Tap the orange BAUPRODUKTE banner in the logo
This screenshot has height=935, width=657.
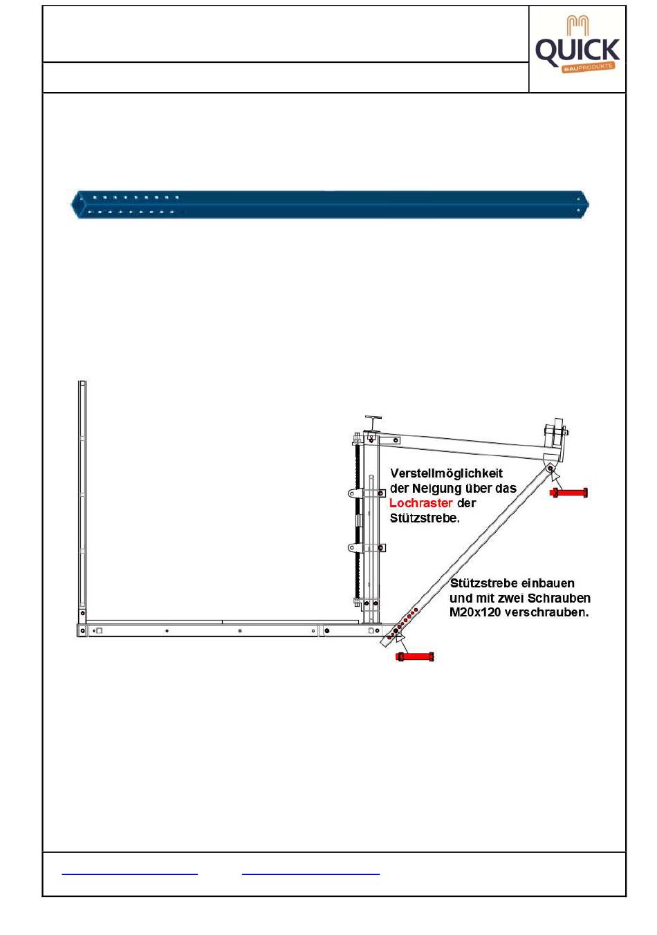point(588,68)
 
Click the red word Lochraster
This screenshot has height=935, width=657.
point(420,502)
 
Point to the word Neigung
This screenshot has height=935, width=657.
point(436,488)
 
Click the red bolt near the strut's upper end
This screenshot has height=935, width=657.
point(568,493)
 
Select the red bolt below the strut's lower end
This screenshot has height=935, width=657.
point(415,657)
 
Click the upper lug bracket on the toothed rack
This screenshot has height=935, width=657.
point(355,493)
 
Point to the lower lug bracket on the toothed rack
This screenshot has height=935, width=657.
point(355,547)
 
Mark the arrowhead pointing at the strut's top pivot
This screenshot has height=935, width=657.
point(555,475)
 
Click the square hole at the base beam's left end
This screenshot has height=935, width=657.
point(99,630)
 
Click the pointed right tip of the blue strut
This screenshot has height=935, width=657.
point(589,205)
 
